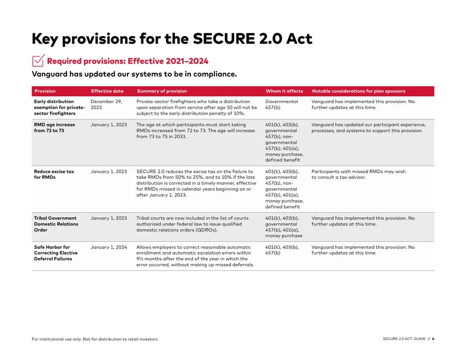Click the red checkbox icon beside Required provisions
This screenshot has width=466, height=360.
(38, 61)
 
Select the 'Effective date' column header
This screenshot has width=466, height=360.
(107, 91)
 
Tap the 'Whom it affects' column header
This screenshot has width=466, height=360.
(284, 91)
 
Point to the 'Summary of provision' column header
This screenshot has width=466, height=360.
(162, 91)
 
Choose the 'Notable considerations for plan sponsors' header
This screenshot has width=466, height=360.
(359, 91)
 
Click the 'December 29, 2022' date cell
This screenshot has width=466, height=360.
(106, 104)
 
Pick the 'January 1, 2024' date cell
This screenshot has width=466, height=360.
(109, 247)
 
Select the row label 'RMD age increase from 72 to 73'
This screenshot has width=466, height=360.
(54, 128)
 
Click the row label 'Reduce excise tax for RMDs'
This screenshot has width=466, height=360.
(54, 174)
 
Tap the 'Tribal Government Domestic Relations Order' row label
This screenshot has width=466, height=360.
(56, 224)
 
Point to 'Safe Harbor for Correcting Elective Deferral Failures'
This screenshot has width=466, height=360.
(56, 253)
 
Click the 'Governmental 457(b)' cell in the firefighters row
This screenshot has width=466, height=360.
(281, 104)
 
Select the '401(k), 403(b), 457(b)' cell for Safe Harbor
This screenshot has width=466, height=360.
(282, 250)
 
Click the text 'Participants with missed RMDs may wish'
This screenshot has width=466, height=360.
(358, 171)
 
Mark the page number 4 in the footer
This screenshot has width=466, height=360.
(433, 338)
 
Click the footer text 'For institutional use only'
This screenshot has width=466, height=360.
(57, 339)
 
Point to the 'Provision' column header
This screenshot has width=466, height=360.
(45, 91)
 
